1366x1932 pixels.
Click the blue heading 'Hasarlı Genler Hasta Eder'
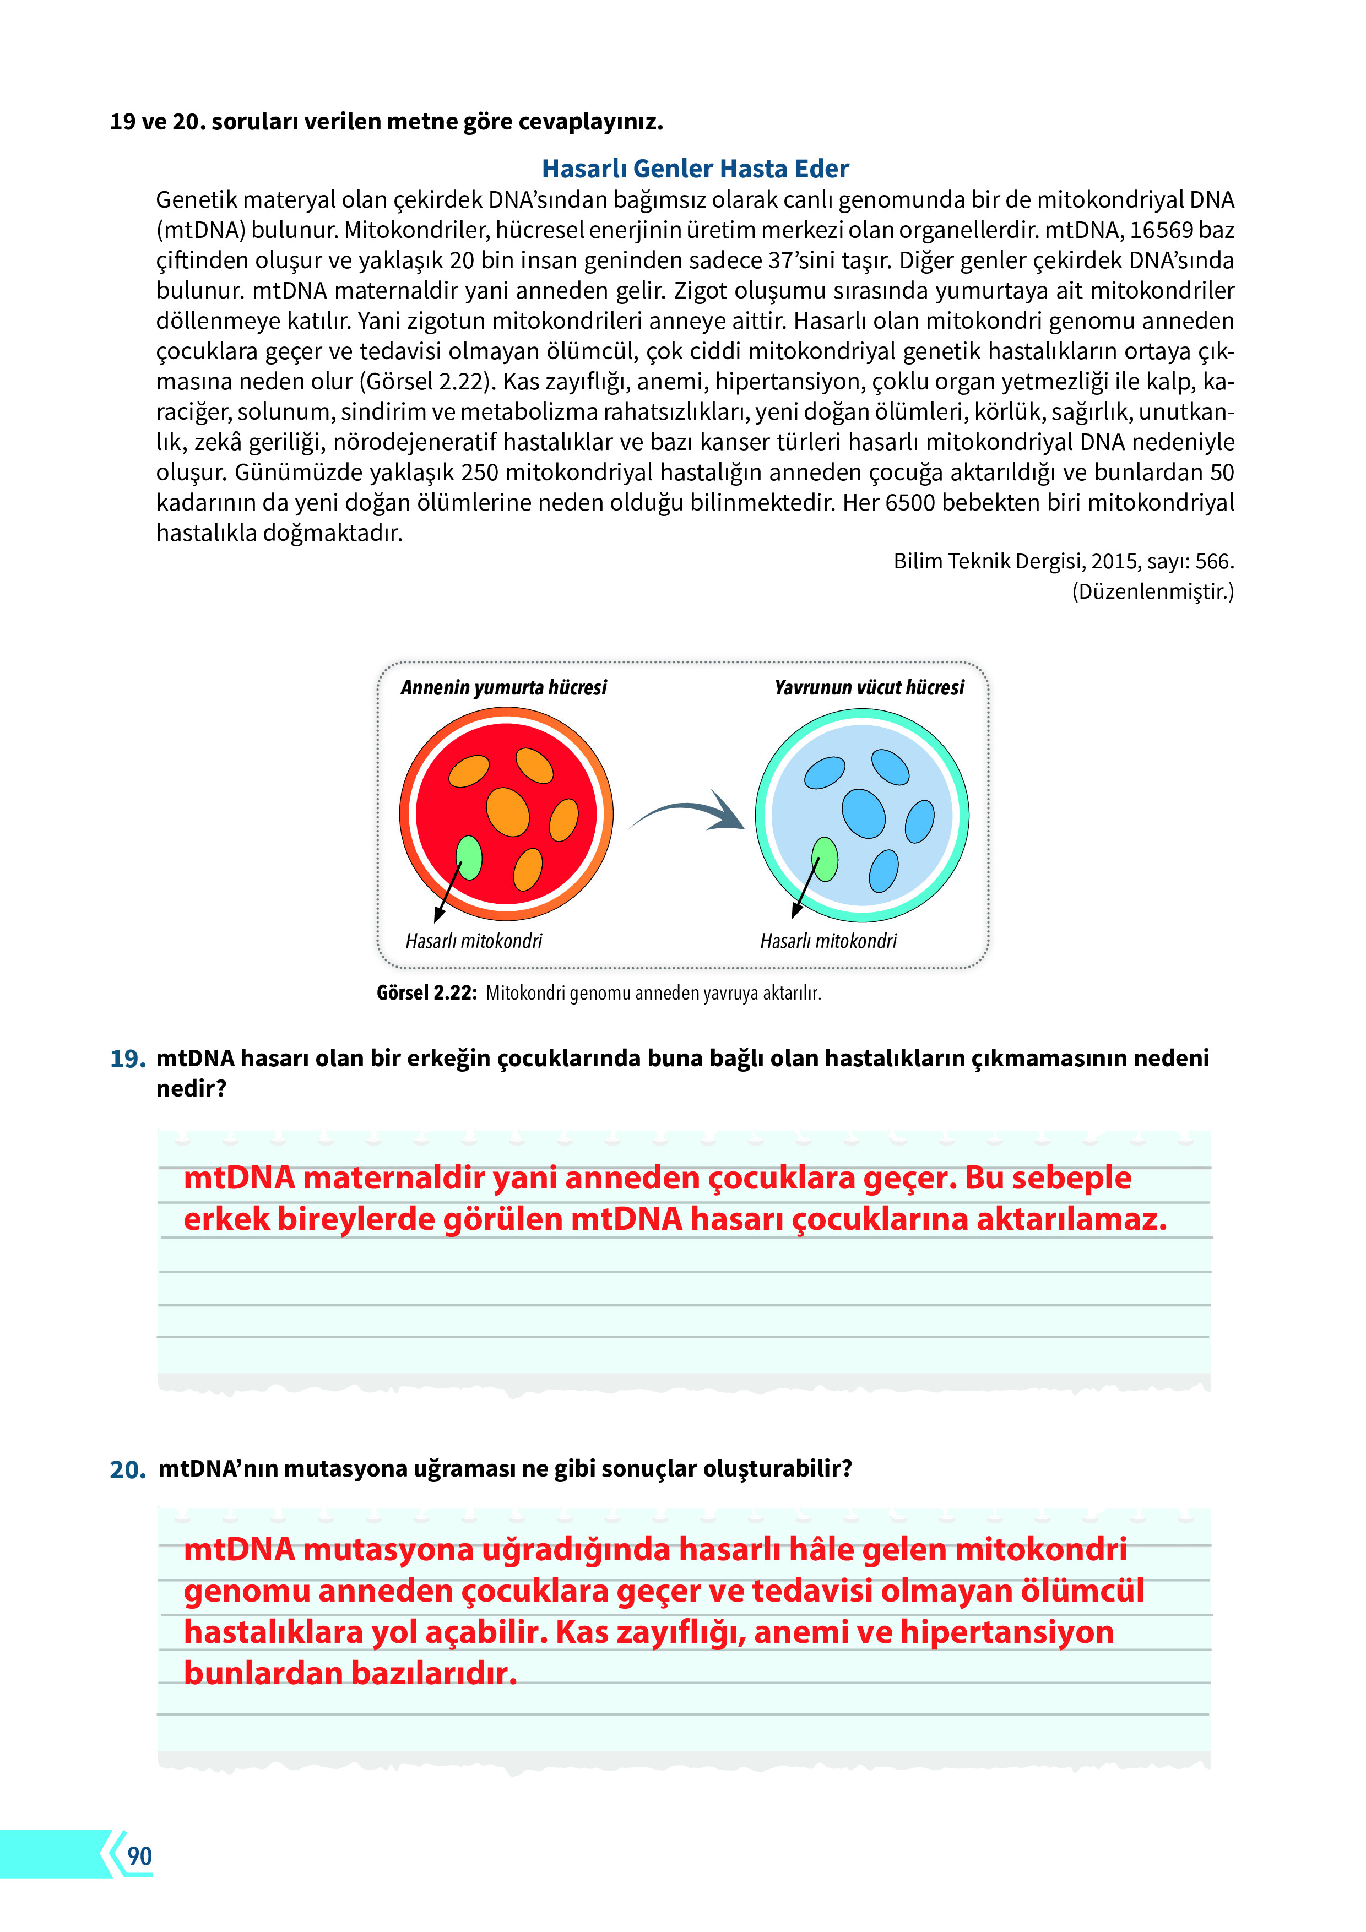pyautogui.click(x=695, y=169)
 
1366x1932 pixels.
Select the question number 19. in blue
pyautogui.click(x=128, y=1059)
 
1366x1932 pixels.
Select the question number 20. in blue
pyautogui.click(x=128, y=1469)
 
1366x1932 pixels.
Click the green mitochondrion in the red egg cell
pyautogui.click(x=469, y=858)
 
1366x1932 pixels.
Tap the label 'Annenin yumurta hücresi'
pyautogui.click(x=503, y=687)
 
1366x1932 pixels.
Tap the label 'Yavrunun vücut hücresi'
pyautogui.click(x=869, y=687)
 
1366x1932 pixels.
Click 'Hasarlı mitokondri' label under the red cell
pyautogui.click(x=474, y=941)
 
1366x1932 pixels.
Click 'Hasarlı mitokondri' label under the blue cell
pyautogui.click(x=828, y=941)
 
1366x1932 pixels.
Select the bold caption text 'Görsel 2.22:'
pyautogui.click(x=426, y=993)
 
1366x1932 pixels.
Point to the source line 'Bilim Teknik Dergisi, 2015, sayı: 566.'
pyautogui.click(x=1063, y=561)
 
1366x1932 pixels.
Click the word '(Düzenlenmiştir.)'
pyautogui.click(x=1152, y=591)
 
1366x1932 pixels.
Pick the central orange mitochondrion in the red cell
pyautogui.click(x=507, y=812)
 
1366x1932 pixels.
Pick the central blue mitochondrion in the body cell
pyautogui.click(x=864, y=813)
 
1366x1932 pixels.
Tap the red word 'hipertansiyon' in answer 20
pyautogui.click(x=1007, y=1632)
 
